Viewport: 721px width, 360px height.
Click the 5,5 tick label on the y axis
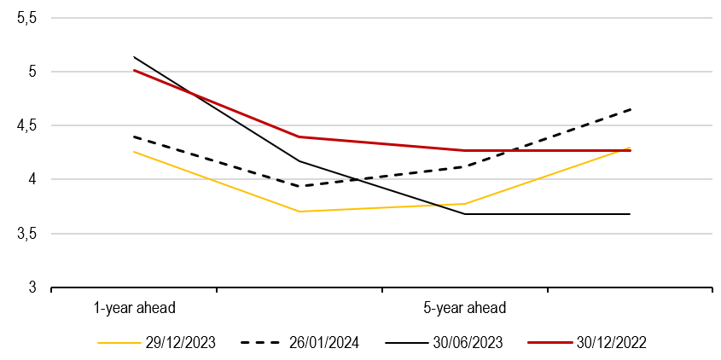point(28,18)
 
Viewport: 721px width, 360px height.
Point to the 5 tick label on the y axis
point(34,72)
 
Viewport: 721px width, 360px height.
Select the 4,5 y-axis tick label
point(28,125)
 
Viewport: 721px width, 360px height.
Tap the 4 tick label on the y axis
point(34,179)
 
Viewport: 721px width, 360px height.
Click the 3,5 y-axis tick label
point(28,233)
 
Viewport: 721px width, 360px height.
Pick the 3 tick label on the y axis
point(34,287)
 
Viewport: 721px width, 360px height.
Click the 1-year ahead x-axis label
point(134,307)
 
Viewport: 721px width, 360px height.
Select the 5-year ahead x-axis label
point(464,307)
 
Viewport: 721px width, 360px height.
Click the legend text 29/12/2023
point(181,343)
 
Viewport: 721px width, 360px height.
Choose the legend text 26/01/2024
point(323,343)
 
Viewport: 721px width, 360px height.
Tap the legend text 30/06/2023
point(468,343)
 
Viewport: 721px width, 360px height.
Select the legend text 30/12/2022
point(611,343)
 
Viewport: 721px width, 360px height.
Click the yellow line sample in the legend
point(119,343)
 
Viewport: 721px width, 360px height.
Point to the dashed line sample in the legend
point(262,343)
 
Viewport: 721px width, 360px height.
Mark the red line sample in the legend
point(549,343)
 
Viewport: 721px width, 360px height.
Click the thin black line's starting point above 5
point(135,57)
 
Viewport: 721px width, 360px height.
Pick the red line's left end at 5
point(135,71)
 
